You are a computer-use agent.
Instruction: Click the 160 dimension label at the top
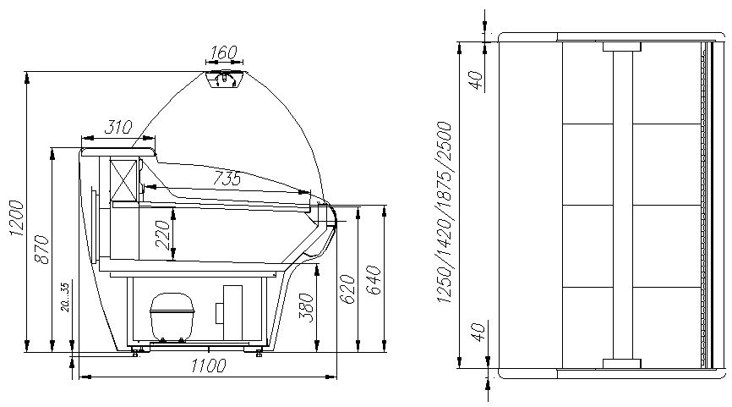point(224,52)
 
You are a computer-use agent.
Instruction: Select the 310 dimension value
point(118,127)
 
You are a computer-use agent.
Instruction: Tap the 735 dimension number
point(227,178)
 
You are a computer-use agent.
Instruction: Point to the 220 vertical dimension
point(163,234)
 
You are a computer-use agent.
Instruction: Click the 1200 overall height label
point(16,217)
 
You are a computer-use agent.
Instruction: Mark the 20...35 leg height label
point(65,297)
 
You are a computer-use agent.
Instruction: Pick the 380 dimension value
point(306,307)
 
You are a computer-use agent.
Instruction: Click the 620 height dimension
point(347,289)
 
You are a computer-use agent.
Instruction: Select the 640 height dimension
point(374,280)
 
